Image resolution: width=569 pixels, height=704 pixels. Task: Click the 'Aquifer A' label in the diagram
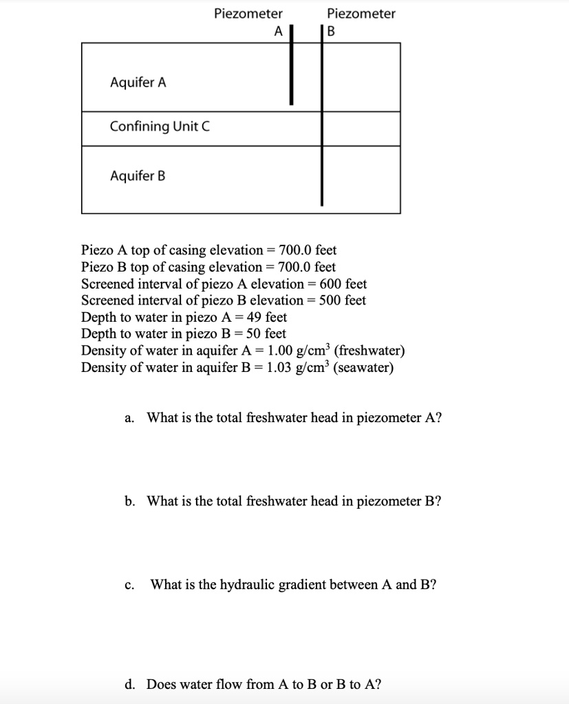tap(138, 83)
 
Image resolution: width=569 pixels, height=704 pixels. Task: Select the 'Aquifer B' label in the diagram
tap(138, 176)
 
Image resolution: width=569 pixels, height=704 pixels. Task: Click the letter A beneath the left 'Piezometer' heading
tap(278, 32)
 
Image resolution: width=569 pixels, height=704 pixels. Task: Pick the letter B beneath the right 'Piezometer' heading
tap(331, 32)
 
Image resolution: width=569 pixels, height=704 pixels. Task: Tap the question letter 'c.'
tap(130, 585)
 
